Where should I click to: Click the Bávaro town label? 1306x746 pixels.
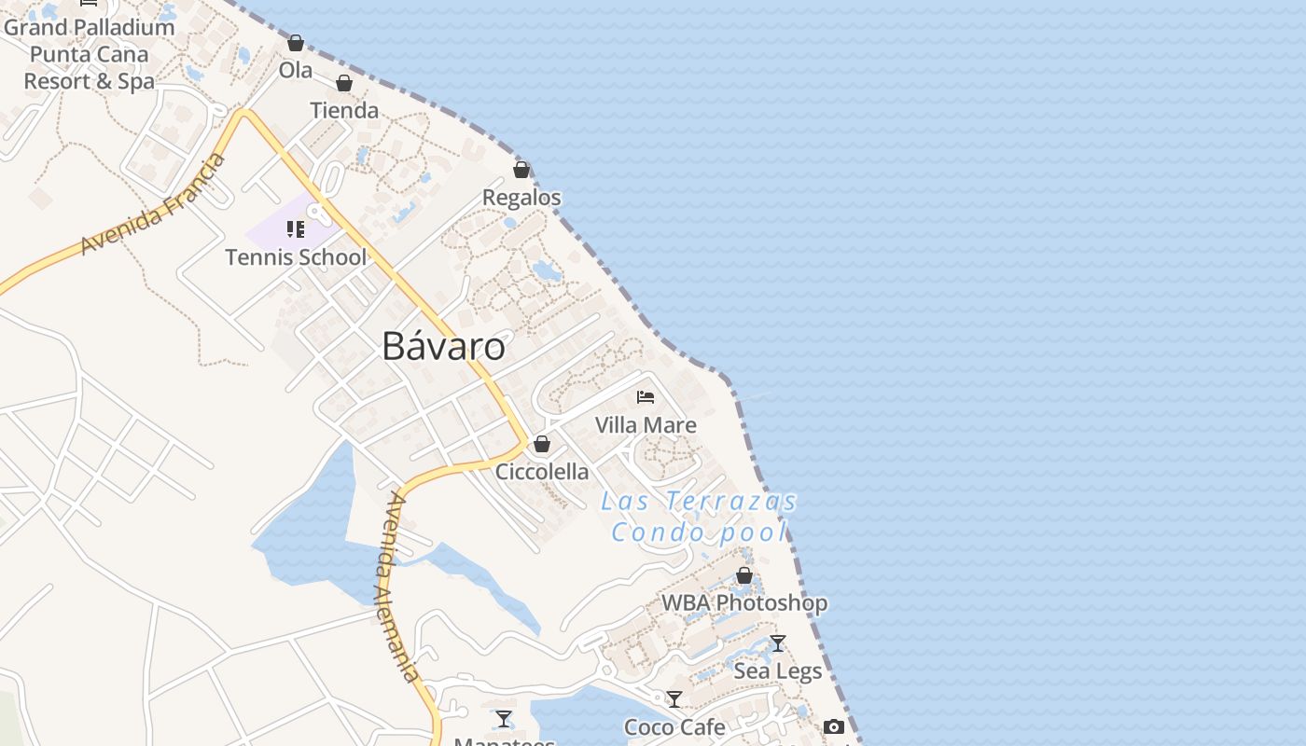444,347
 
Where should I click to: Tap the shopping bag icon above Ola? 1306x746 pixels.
296,43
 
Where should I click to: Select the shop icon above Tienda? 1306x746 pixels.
344,83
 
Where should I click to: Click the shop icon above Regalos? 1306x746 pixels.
521,170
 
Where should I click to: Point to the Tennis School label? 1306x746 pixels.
296,257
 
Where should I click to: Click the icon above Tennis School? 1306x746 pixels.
296,229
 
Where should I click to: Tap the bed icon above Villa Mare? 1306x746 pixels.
646,397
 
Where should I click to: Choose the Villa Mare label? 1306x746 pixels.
646,425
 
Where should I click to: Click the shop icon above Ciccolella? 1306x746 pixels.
542,444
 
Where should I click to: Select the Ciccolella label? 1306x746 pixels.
542,472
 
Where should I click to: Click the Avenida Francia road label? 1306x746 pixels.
154,204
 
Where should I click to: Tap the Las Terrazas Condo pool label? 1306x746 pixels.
700,517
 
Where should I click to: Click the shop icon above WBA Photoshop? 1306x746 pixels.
744,575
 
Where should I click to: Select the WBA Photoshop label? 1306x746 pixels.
744,603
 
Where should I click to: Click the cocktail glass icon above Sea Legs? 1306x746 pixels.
778,643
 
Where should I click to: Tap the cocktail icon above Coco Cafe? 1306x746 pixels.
674,699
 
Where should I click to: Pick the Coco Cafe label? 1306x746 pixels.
674,727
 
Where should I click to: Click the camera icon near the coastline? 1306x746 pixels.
834,726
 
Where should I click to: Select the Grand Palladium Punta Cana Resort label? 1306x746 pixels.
90,54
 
